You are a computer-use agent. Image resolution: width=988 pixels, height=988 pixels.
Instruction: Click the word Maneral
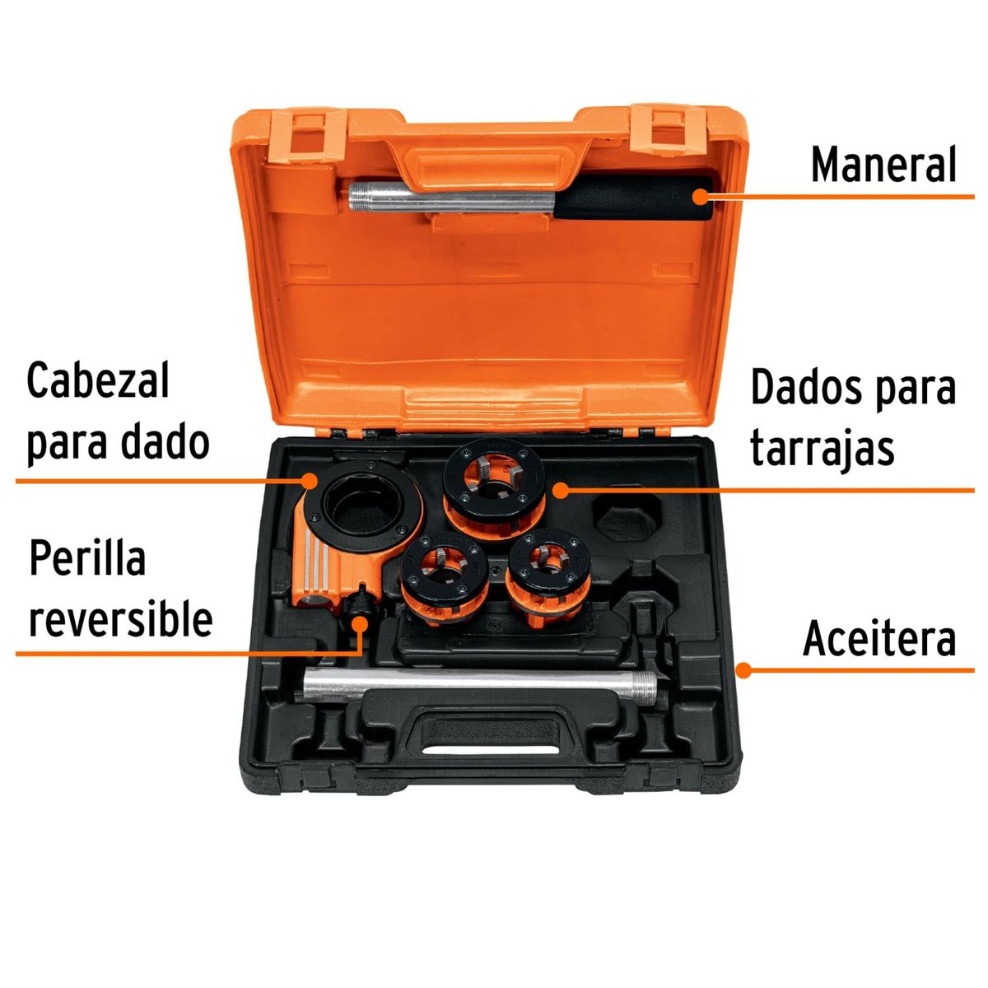(x=883, y=165)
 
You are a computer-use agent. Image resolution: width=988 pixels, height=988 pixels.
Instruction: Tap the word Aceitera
(x=879, y=639)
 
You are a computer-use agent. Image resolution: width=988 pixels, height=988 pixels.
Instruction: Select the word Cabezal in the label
(x=98, y=380)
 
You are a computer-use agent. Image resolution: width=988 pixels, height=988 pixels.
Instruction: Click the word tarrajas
(x=822, y=449)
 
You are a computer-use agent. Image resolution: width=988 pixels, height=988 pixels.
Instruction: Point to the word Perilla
(x=87, y=560)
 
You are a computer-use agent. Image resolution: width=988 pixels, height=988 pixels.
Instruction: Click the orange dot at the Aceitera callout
(x=743, y=670)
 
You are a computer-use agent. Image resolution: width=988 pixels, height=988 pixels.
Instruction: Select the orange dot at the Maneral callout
(x=700, y=197)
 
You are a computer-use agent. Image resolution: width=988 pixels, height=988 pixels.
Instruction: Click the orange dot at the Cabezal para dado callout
(x=310, y=480)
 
